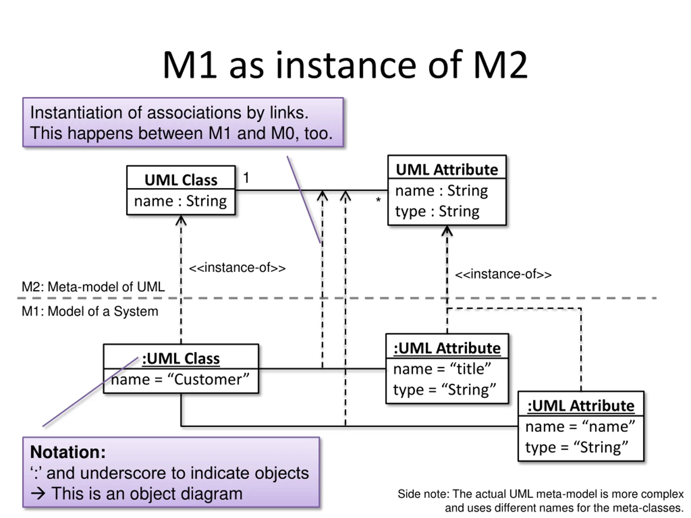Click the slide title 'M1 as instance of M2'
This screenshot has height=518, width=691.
tap(345, 65)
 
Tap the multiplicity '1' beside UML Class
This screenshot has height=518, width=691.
tap(246, 178)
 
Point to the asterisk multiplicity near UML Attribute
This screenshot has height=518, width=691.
tap(378, 200)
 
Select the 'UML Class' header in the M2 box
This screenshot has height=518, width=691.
tap(181, 180)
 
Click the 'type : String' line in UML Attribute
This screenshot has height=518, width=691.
tap(437, 212)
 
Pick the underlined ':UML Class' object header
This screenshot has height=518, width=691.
tap(181, 359)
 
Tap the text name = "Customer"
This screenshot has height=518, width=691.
tap(180, 380)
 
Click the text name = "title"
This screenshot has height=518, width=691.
tap(442, 369)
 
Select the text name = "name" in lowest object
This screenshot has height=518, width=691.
tap(580, 427)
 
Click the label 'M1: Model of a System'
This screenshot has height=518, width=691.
tap(90, 311)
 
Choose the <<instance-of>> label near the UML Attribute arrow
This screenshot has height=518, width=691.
tap(503, 274)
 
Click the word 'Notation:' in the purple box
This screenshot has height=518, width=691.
tap(68, 452)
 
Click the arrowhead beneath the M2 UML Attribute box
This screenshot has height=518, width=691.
tap(447, 231)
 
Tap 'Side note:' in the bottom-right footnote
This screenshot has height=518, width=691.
tap(423, 494)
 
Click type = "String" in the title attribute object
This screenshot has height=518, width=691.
tap(445, 390)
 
